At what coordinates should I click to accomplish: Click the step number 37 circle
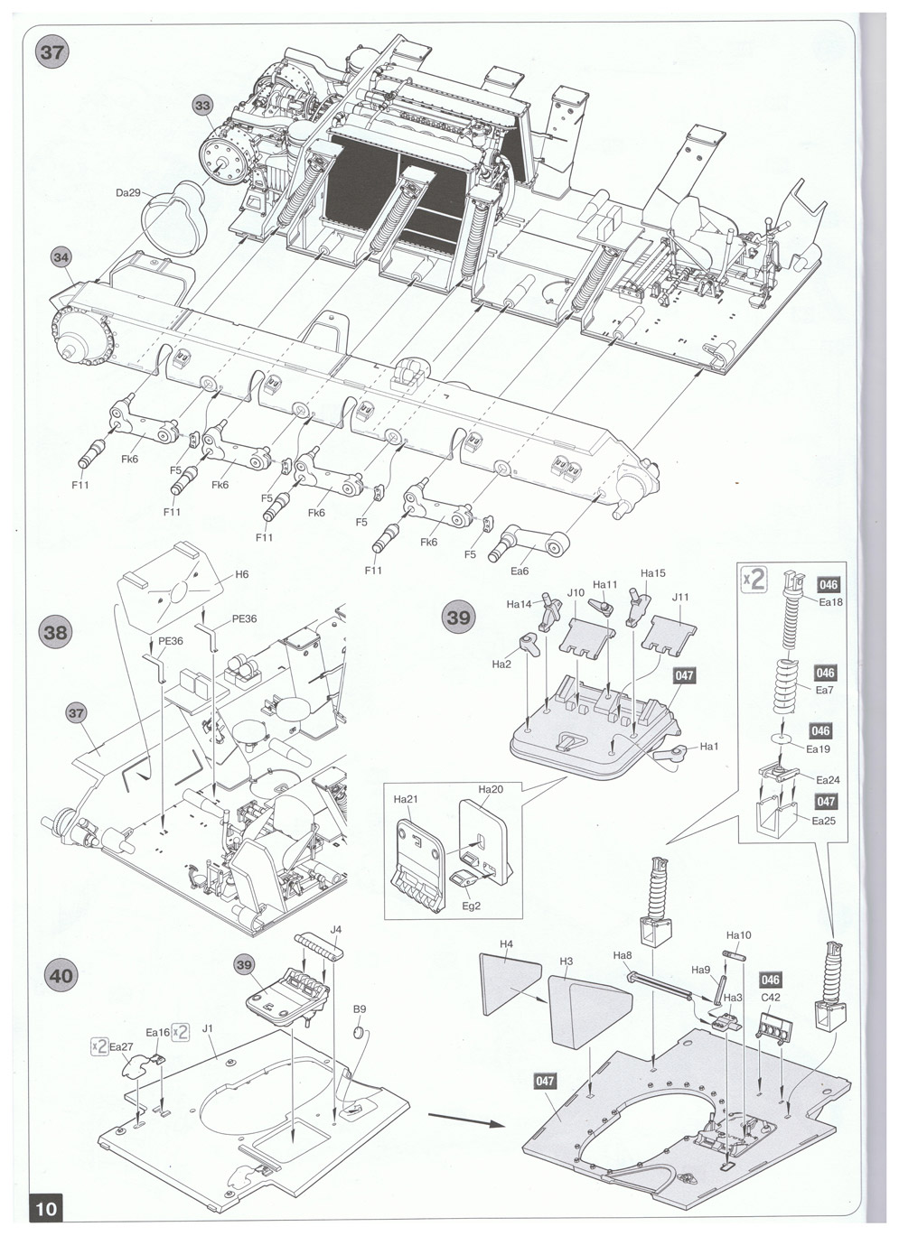click(x=52, y=53)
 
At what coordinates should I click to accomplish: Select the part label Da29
click(x=128, y=192)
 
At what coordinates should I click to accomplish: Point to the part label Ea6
click(x=520, y=572)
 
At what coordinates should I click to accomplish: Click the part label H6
click(x=242, y=574)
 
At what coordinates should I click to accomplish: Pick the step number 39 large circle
click(x=459, y=617)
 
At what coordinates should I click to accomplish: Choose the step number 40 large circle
click(x=61, y=975)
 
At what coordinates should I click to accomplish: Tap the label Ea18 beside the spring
click(x=830, y=602)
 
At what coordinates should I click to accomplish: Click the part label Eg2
click(x=471, y=906)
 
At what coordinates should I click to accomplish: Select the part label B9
click(x=360, y=1008)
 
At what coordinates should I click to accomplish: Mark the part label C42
click(x=771, y=997)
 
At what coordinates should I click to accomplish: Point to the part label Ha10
click(x=738, y=934)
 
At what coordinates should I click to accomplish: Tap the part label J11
click(x=680, y=597)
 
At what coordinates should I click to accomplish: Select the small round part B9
click(x=360, y=1030)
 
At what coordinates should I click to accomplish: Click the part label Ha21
click(x=406, y=799)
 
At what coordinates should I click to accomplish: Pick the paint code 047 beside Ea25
click(x=826, y=801)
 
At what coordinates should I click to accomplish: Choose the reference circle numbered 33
click(x=203, y=105)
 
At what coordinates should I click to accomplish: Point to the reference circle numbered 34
click(x=61, y=256)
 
